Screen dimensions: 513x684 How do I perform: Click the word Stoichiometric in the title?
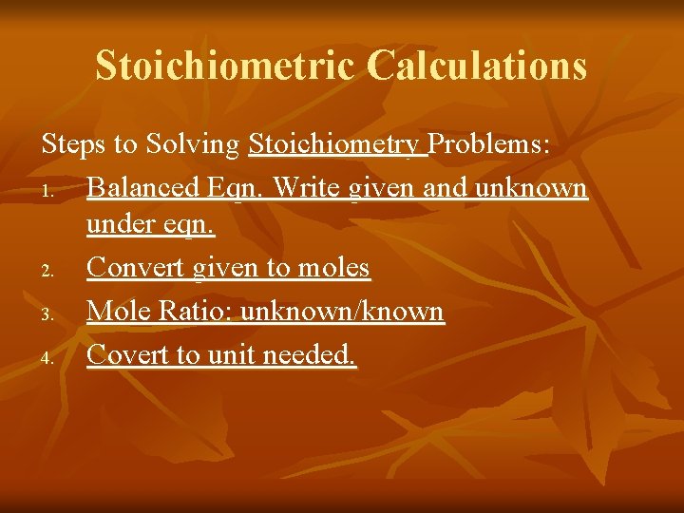point(225,66)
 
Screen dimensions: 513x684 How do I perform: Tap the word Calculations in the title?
point(477,66)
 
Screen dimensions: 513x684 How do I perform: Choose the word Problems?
point(490,145)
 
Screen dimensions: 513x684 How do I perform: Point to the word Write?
point(307,188)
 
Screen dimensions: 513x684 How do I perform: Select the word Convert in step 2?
point(136,269)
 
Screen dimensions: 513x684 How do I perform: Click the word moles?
point(332,269)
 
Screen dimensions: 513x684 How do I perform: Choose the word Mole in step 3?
point(115,312)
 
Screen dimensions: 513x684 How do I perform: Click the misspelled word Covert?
point(124,354)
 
